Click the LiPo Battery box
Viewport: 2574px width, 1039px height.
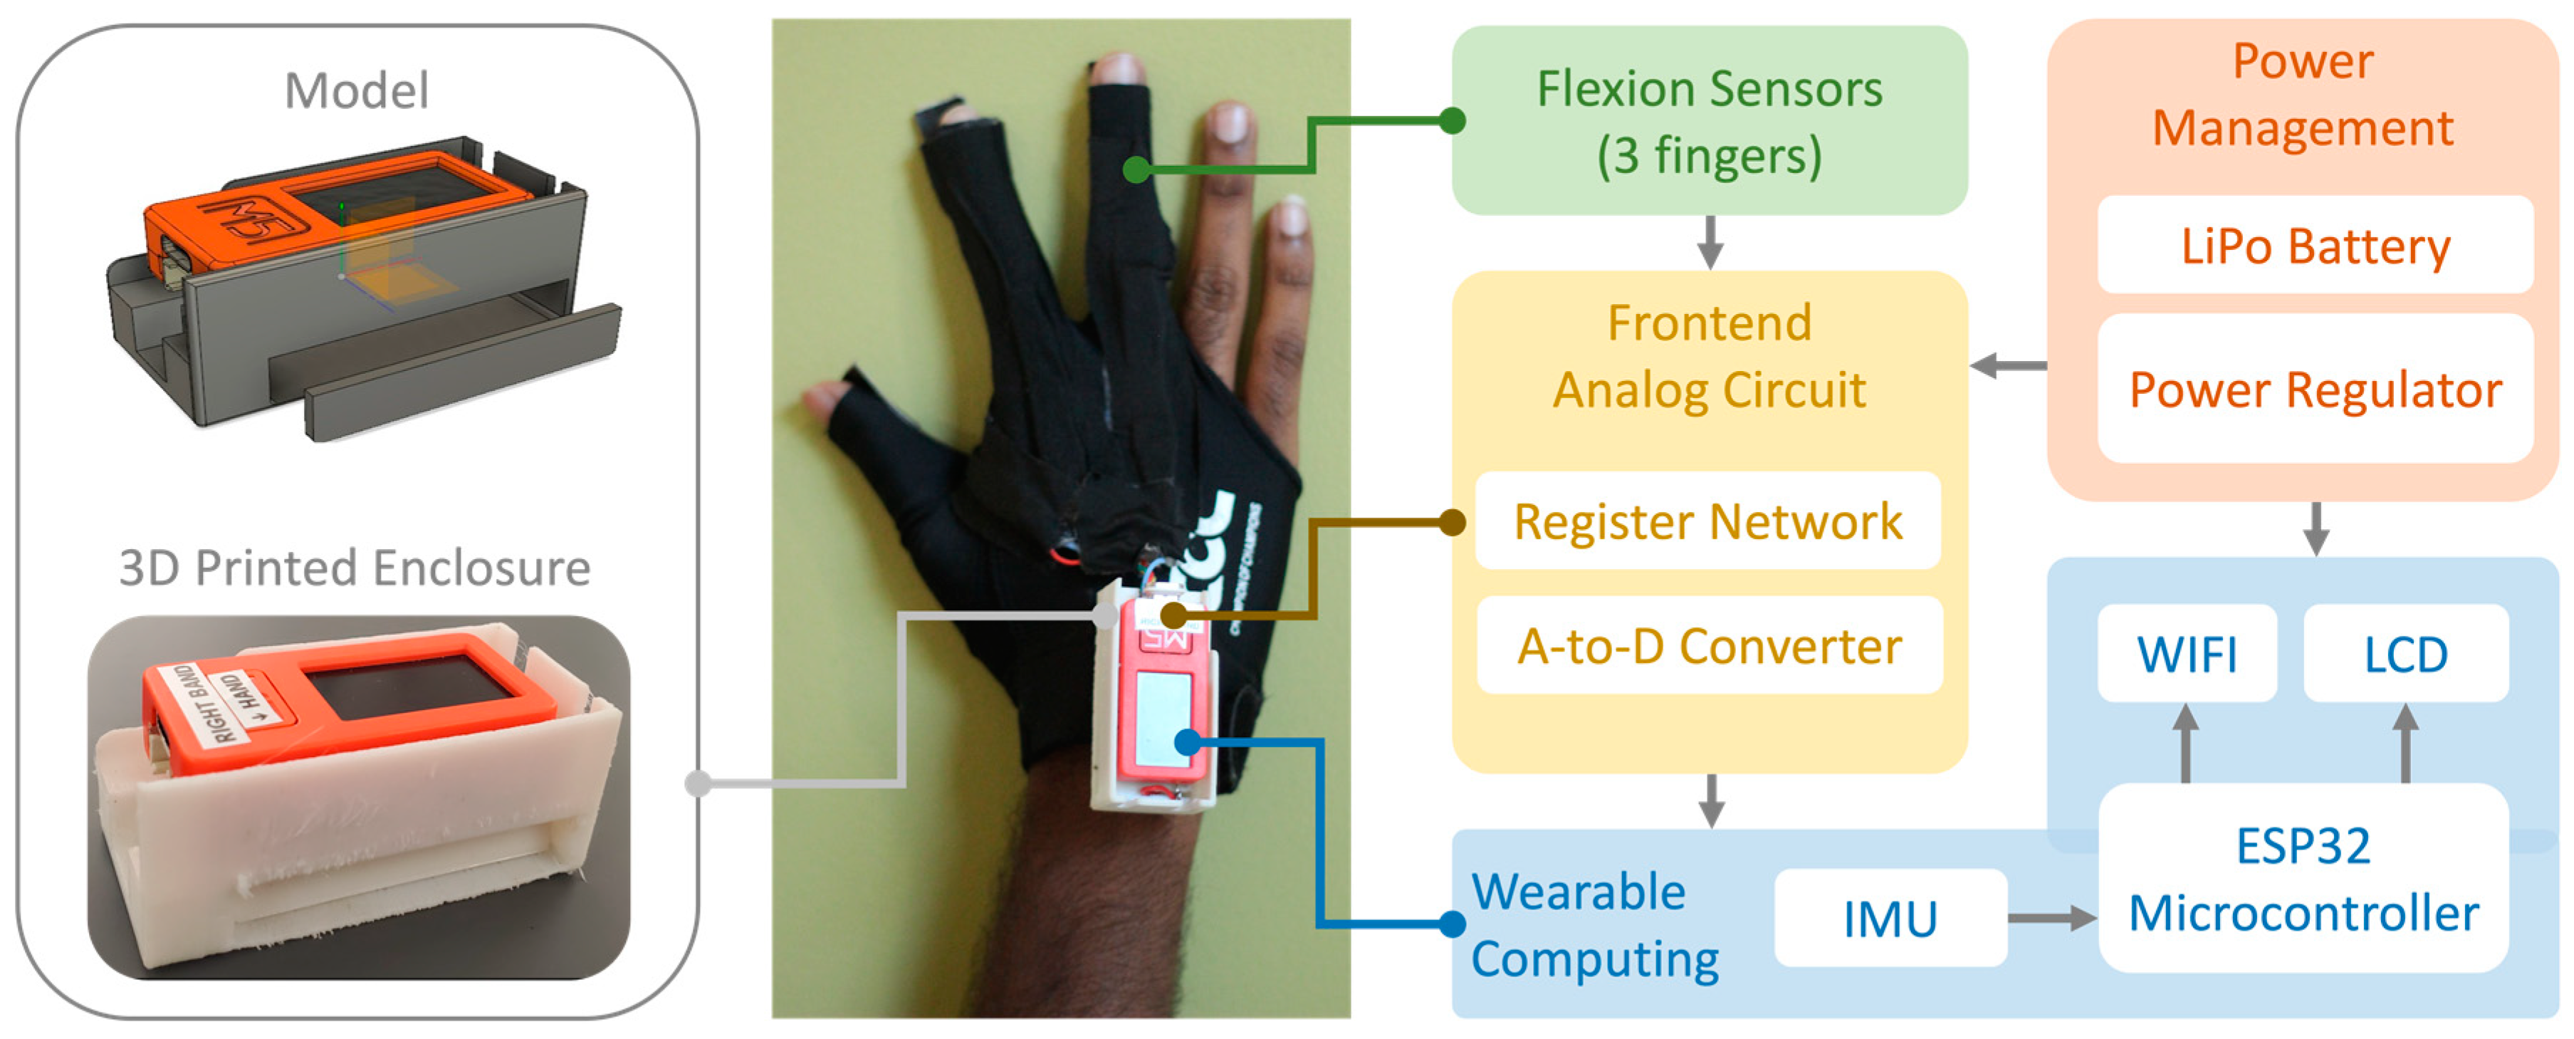[x=2314, y=246]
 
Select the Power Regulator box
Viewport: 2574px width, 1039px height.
[x=2314, y=390]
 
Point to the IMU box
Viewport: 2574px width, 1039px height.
[x=1890, y=918]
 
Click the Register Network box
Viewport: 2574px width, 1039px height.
[x=1707, y=521]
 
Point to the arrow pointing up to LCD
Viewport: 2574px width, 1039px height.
[x=2405, y=743]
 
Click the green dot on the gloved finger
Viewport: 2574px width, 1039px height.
[x=1136, y=169]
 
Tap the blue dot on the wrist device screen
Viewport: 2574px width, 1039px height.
[x=1187, y=742]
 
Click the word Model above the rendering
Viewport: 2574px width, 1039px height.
[x=357, y=91]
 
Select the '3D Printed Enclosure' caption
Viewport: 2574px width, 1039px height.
[x=355, y=568]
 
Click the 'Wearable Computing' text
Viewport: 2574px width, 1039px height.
[x=1594, y=925]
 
